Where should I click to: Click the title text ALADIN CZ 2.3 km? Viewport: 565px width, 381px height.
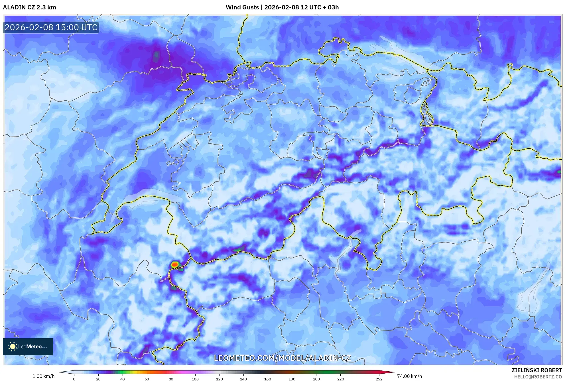pos(29,7)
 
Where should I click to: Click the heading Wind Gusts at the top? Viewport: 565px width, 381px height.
pos(242,7)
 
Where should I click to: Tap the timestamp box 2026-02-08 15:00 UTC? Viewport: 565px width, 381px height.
pos(51,27)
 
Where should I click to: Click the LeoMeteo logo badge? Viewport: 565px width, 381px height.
pos(28,347)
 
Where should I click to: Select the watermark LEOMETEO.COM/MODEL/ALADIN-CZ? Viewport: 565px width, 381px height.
pos(282,358)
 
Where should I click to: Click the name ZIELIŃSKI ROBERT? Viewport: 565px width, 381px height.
pos(536,370)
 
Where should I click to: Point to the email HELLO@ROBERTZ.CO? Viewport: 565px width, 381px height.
pos(538,377)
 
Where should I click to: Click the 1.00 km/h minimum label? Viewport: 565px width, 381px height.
pos(43,376)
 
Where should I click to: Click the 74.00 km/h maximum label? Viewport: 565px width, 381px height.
pos(409,376)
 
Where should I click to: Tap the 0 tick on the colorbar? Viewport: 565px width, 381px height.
pos(74,379)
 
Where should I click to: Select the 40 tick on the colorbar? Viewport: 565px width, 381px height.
pos(123,379)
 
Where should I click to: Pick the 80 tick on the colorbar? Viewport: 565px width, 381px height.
pos(171,379)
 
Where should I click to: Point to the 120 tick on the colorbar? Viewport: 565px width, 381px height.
pos(220,379)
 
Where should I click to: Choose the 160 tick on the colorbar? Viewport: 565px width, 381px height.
pos(268,379)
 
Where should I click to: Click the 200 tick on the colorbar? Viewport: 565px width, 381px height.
pos(316,379)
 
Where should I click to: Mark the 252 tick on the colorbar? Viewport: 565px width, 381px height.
pos(379,379)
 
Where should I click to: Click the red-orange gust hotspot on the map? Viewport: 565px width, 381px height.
pos(175,264)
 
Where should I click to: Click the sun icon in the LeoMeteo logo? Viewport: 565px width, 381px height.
pos(13,347)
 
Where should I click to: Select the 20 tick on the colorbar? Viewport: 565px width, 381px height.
pos(98,379)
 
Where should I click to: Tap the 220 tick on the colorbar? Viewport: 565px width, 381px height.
pos(340,379)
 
